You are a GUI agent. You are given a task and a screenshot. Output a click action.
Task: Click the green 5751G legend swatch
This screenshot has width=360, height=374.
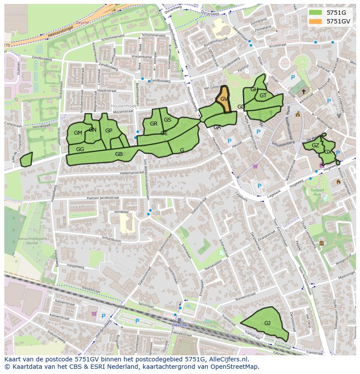316,13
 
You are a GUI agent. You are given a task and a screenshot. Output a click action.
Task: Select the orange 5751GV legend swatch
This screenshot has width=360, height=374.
316,21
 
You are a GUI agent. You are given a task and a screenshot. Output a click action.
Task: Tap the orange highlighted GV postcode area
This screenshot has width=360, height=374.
224,99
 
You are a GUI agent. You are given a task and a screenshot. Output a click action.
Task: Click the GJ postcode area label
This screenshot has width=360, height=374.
267,323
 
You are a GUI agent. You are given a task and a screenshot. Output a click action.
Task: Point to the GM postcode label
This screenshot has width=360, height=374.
78,133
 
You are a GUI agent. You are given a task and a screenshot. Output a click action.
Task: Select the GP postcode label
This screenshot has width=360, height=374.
109,131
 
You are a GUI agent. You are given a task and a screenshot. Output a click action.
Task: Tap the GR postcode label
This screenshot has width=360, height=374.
153,124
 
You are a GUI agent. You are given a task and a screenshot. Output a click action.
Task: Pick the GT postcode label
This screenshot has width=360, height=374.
263,96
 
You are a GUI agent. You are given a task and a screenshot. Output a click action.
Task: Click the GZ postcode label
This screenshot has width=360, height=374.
316,146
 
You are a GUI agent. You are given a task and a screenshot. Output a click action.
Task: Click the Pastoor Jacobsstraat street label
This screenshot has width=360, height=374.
103,198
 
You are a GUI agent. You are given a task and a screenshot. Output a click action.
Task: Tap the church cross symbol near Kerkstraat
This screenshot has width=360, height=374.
303,91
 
